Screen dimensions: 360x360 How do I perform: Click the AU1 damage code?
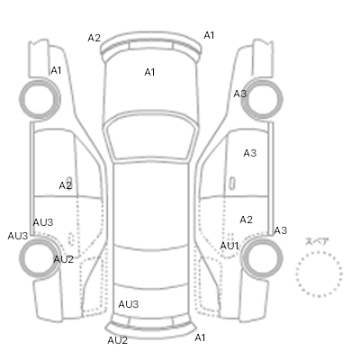pos(229,246)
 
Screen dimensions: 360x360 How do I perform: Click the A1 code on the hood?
pos(149,72)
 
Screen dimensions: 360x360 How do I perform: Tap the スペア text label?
pos(317,241)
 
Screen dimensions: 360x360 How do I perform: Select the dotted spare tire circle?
pos(319,274)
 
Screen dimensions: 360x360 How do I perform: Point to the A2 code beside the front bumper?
pos(94,38)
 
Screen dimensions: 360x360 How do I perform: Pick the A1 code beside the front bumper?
pos(209,35)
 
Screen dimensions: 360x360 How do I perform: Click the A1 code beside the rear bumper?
pos(200,337)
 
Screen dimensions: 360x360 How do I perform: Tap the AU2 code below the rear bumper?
pos(118,340)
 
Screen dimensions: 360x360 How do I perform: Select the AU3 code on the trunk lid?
pos(129,304)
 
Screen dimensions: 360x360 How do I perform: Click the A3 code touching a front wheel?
pos(240,94)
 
